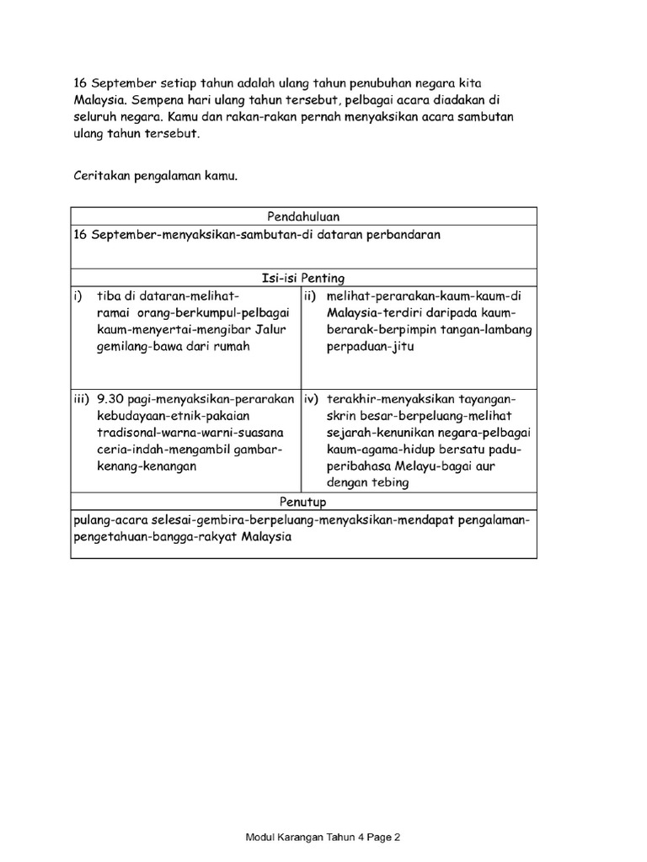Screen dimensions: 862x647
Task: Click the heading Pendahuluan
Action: (303, 216)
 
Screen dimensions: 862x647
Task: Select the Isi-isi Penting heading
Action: (303, 278)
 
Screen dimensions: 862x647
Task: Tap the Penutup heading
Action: (303, 502)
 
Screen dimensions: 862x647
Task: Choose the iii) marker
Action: (82, 399)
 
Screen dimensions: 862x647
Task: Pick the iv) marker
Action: (312, 399)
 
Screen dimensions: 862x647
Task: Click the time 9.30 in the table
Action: (111, 399)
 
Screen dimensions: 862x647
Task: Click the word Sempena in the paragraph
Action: (158, 99)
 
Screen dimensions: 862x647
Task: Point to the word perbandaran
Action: (399, 235)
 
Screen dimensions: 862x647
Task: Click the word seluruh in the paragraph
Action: (97, 116)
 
